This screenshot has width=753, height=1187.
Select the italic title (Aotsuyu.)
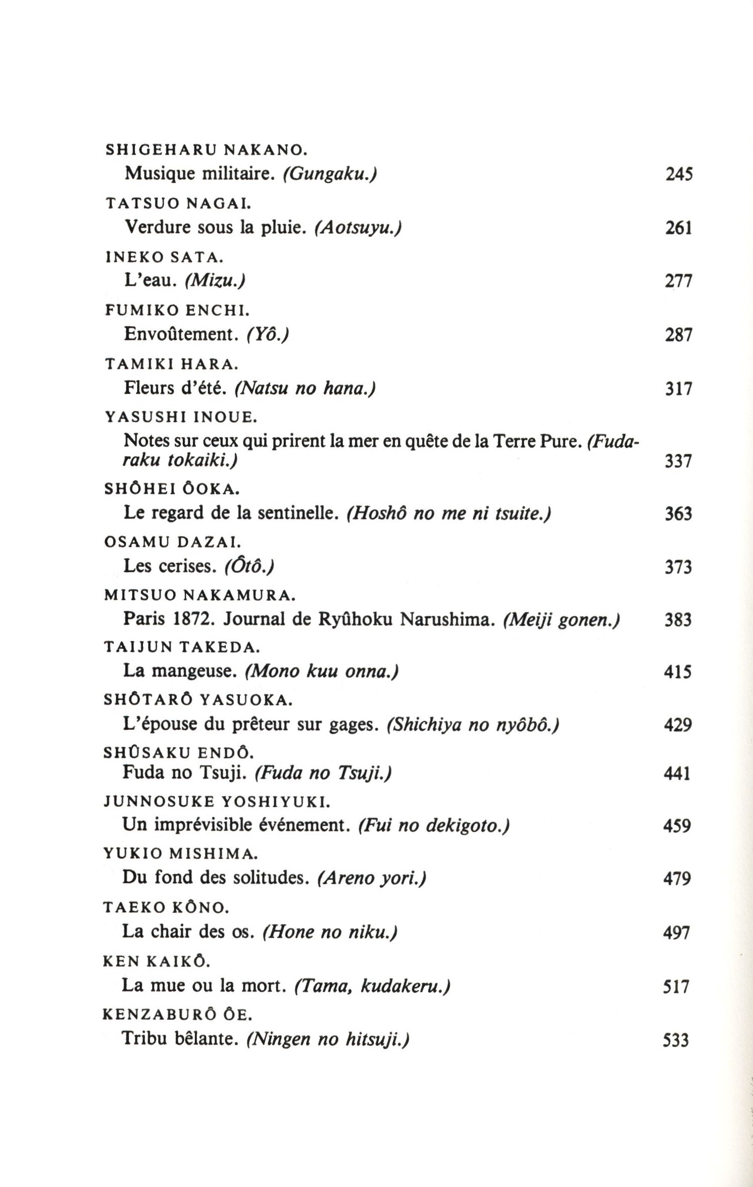[358, 228]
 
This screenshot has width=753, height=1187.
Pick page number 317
[679, 388]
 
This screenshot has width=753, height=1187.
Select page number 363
[678, 514]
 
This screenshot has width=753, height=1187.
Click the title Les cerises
[170, 566]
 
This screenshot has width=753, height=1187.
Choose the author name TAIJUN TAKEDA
[182, 647]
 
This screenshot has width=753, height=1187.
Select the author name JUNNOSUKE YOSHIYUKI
[216, 802]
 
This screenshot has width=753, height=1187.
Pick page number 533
[676, 1040]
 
